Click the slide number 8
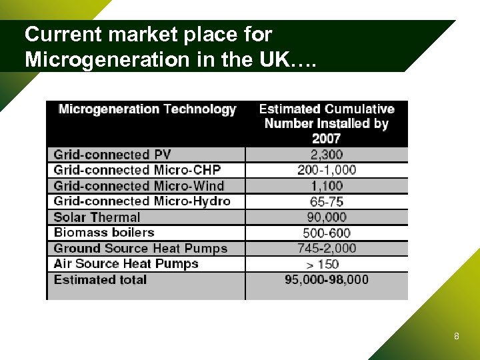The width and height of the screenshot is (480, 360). pyautogui.click(x=456, y=337)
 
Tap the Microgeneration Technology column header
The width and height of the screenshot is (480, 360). pyautogui.click(x=147, y=109)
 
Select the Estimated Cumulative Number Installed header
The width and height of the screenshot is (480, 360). pyautogui.click(x=327, y=123)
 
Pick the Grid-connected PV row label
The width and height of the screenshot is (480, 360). pyautogui.click(x=112, y=155)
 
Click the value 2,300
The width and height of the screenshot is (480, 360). pyautogui.click(x=327, y=155)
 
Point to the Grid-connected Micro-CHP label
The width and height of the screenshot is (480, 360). pyautogui.click(x=137, y=170)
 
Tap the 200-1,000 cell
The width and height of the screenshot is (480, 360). pyautogui.click(x=327, y=170)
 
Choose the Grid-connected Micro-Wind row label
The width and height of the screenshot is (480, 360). pyautogui.click(x=139, y=186)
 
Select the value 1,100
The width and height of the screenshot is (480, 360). pyautogui.click(x=327, y=186)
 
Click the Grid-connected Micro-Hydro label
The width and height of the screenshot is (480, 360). pyautogui.click(x=142, y=201)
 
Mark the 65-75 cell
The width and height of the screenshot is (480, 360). pyautogui.click(x=327, y=201)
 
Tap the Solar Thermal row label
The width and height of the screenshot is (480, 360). pyautogui.click(x=97, y=217)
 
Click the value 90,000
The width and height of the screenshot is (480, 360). pyautogui.click(x=327, y=217)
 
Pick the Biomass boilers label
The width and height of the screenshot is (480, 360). pyautogui.click(x=104, y=233)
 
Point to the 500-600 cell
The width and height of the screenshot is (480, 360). pyautogui.click(x=327, y=233)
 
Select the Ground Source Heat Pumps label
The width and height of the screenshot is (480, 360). pyautogui.click(x=141, y=249)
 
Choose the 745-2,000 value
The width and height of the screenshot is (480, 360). pyautogui.click(x=327, y=249)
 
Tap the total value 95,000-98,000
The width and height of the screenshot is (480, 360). pyautogui.click(x=327, y=280)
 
